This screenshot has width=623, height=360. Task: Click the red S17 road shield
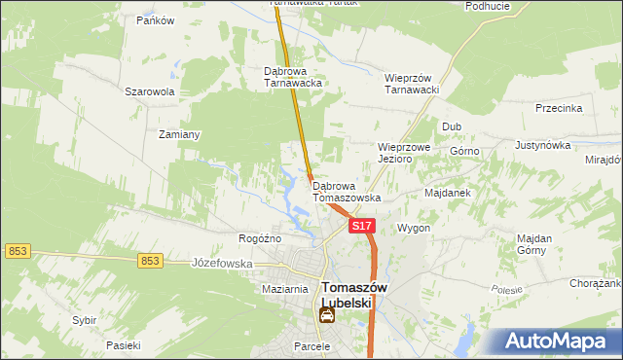361,226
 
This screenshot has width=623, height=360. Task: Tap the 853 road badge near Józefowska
149,261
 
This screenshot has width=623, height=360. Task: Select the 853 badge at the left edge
17,251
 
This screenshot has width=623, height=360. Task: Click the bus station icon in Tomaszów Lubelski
327,315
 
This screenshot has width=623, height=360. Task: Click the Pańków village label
155,20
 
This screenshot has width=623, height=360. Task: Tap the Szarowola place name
149,92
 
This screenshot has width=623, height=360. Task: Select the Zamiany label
179,135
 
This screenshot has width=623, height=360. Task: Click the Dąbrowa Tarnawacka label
293,77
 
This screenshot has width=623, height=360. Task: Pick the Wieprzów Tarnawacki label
414,84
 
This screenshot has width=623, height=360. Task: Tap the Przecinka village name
559,109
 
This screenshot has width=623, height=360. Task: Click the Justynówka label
542,145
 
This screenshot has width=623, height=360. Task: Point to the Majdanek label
448,193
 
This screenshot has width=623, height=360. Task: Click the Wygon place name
414,228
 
